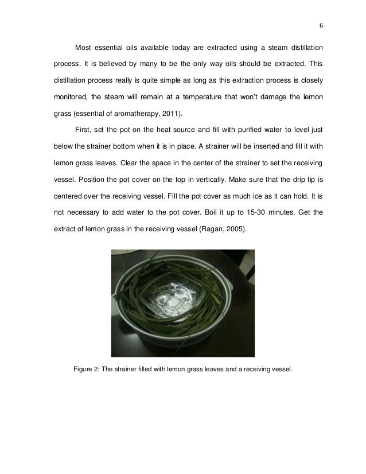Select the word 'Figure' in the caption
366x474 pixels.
[86, 370]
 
